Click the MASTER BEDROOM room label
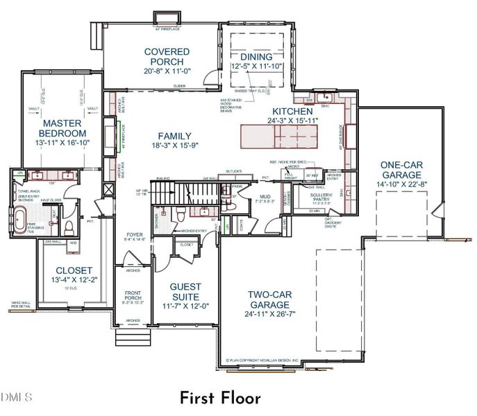click(x=62, y=128)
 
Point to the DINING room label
click(x=257, y=56)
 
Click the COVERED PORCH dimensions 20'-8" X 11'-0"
click(x=167, y=71)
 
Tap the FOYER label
click(x=134, y=234)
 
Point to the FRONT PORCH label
click(x=132, y=295)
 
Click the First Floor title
click(x=220, y=398)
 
